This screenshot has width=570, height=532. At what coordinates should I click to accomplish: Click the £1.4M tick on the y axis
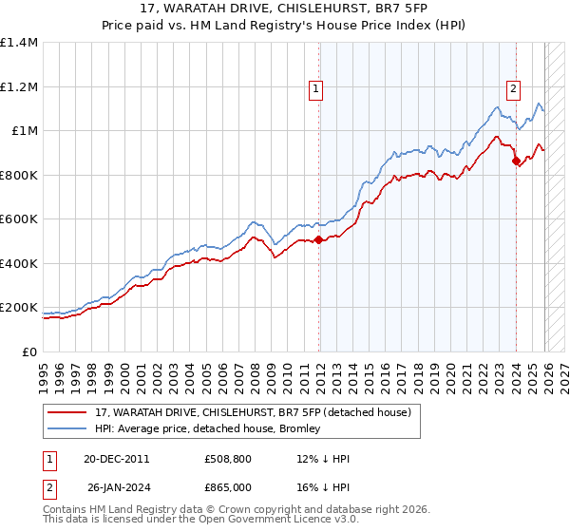coord(20,43)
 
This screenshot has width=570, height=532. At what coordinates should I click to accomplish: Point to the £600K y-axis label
coord(19,219)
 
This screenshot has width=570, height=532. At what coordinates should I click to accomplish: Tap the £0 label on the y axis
coord(30,352)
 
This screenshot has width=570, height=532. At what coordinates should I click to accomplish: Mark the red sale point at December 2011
coord(318,240)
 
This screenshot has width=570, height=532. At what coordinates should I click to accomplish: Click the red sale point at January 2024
coord(516,161)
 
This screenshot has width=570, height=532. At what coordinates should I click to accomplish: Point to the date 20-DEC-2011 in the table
coord(115,459)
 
